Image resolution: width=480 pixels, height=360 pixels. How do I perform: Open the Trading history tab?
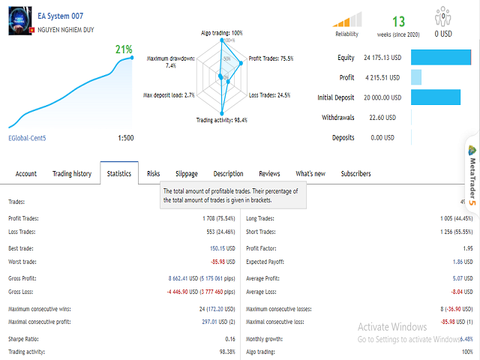(x=72, y=174)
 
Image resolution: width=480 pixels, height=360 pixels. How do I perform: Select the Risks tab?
(x=153, y=174)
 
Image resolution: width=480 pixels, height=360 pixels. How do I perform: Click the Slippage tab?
(x=181, y=174)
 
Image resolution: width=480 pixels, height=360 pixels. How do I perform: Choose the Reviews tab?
(x=269, y=174)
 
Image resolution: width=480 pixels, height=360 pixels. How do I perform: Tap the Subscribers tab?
(x=355, y=174)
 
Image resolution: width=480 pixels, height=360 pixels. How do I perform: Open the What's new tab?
(x=310, y=174)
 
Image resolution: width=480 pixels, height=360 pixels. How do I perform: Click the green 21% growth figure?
(x=124, y=50)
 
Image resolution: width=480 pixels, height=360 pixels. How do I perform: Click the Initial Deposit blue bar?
(x=436, y=97)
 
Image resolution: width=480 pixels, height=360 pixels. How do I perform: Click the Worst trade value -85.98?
(x=225, y=262)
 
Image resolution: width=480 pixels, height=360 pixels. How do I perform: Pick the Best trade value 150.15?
(x=224, y=247)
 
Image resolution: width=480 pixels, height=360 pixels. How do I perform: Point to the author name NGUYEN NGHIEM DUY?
(x=70, y=29)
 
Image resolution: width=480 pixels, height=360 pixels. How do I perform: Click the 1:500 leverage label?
(x=126, y=138)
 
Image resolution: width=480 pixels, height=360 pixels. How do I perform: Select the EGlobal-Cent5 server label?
(x=27, y=138)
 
